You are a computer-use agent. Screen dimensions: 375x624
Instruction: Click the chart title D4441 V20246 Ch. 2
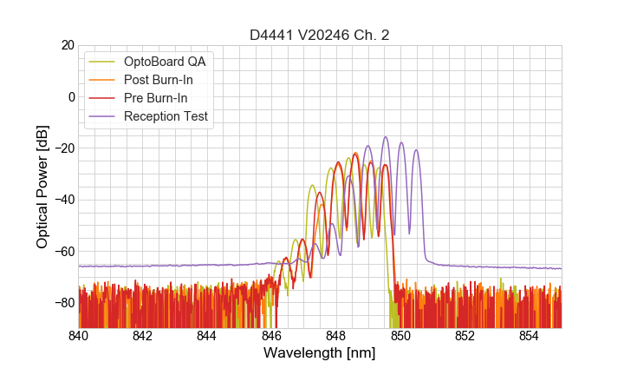click(319, 35)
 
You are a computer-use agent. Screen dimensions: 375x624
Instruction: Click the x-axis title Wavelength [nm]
click(319, 353)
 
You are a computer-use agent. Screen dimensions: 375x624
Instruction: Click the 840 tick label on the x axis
click(79, 336)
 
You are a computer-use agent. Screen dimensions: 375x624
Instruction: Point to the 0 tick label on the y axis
click(70, 96)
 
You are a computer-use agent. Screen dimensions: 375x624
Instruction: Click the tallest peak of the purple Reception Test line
click(386, 137)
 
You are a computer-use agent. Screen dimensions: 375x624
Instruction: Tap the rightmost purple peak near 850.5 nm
click(416, 150)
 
